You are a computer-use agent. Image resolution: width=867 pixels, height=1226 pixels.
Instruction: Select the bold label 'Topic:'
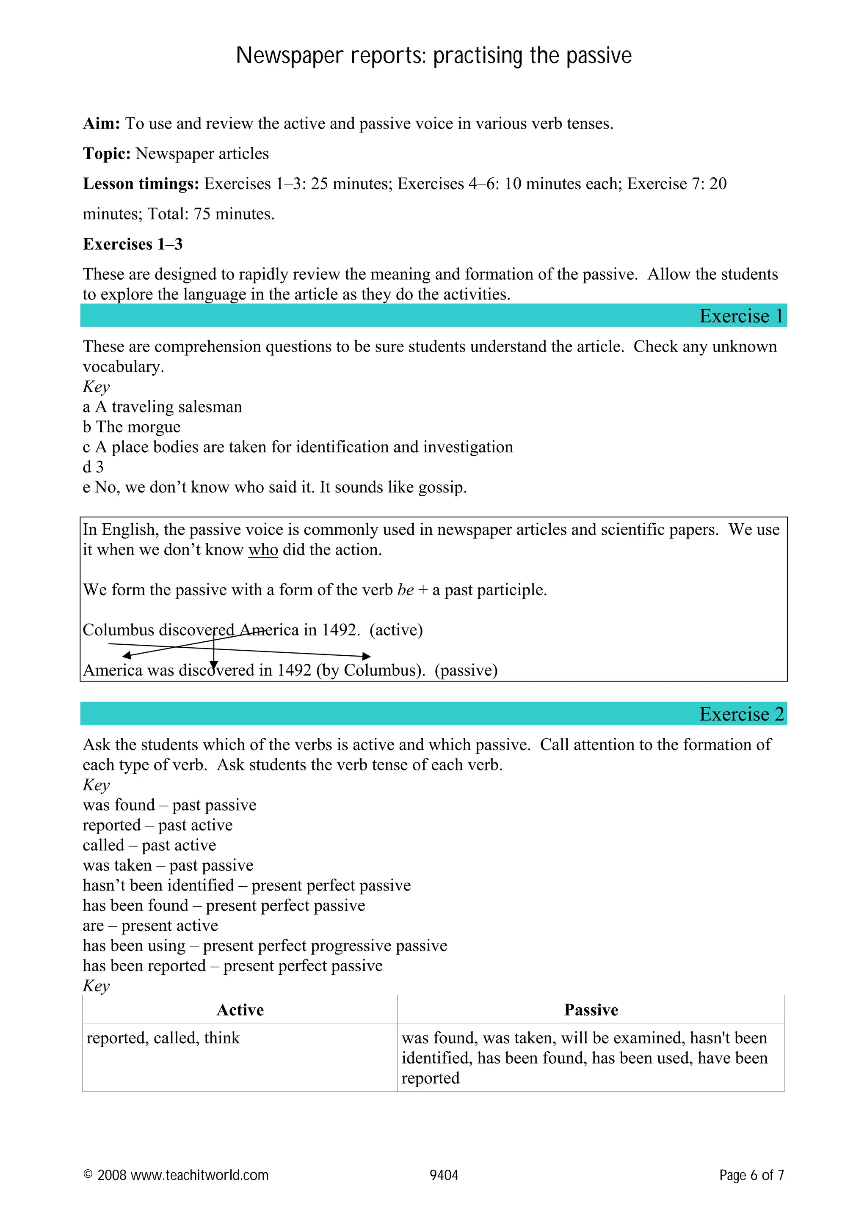tap(106, 154)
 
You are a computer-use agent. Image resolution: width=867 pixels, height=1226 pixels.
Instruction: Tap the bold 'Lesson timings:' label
tap(141, 184)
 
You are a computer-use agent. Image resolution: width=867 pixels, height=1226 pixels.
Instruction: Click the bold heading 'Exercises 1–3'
tap(133, 244)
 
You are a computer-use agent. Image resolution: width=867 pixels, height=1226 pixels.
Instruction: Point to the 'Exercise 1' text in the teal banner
tap(741, 316)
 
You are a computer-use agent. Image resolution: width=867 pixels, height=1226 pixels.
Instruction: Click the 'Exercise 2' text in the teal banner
tap(741, 714)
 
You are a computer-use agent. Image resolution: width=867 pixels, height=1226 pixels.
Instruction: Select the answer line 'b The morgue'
tap(131, 426)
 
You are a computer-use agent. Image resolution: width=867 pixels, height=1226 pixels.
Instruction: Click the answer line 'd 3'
tap(93, 467)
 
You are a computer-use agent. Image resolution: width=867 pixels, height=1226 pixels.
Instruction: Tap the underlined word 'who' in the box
tap(263, 550)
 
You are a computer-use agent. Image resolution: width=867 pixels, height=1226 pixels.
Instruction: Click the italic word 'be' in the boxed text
tap(406, 590)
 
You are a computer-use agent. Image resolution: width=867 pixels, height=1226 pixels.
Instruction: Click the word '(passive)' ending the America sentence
tap(466, 670)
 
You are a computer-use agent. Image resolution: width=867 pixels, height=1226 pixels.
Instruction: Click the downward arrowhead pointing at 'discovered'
tap(214, 665)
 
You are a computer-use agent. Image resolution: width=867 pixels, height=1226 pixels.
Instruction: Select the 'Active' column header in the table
tap(240, 1010)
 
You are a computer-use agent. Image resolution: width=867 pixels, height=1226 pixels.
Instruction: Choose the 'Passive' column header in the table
tap(591, 1010)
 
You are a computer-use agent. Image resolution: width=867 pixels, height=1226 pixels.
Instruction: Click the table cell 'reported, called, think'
tap(163, 1038)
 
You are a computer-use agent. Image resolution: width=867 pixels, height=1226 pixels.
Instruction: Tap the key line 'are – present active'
tap(150, 925)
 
